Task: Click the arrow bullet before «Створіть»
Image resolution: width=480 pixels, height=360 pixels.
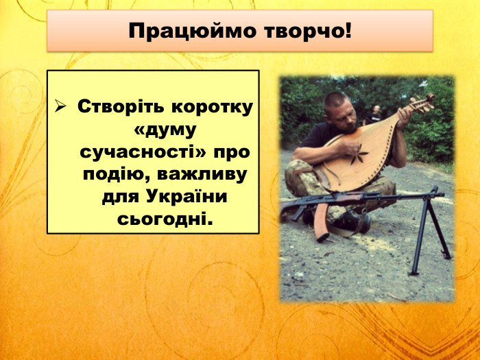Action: (60, 107)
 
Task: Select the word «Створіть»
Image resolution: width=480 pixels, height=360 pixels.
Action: (119, 107)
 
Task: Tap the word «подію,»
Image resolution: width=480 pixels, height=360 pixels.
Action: (114, 173)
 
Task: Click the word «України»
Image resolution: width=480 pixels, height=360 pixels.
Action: (187, 196)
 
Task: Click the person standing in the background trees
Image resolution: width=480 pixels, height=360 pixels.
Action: (376, 114)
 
